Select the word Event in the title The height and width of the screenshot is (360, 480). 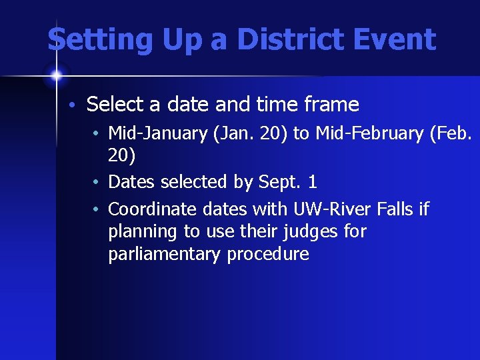click(399, 40)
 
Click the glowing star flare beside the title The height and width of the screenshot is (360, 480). click(57, 75)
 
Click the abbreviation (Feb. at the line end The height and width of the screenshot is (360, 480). click(451, 134)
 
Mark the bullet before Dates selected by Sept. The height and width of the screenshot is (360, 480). click(97, 182)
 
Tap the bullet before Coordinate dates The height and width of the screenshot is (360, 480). click(97, 210)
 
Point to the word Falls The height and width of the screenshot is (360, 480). click(395, 209)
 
